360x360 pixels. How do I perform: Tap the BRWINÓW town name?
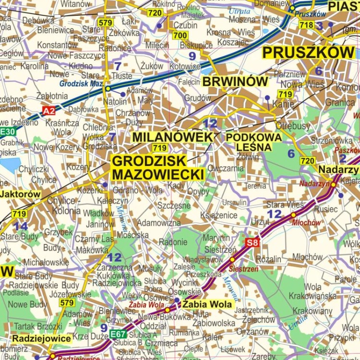(x=235, y=82)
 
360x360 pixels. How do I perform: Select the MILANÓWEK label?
(x=172, y=137)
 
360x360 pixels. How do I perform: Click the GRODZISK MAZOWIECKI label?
(x=158, y=168)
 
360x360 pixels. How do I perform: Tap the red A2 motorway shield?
(x=48, y=111)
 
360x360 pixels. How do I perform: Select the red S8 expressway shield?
(x=252, y=242)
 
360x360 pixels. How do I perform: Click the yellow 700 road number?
(x=180, y=36)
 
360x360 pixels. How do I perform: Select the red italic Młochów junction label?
(x=306, y=223)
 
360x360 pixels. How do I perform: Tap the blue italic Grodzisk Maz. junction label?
(x=81, y=84)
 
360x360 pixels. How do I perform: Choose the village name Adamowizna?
(x=159, y=223)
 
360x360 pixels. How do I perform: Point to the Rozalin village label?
(x=269, y=259)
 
